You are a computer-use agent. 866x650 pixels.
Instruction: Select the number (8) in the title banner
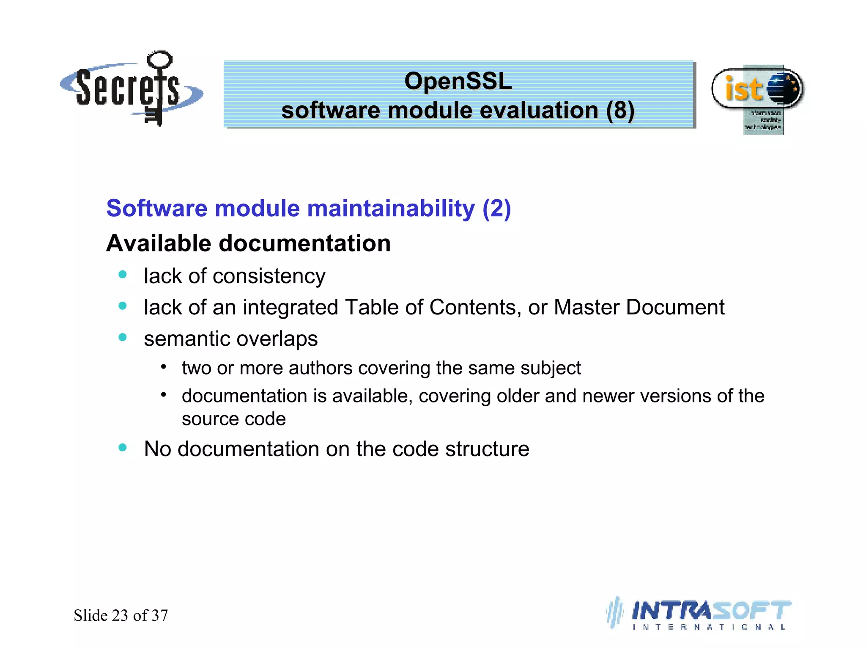coord(620,110)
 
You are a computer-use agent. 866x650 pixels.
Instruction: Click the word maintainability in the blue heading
coord(391,209)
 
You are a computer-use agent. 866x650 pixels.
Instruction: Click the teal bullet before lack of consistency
coord(123,275)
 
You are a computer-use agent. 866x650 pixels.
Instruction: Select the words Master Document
coord(639,307)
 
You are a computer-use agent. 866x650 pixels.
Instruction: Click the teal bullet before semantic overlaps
coord(123,337)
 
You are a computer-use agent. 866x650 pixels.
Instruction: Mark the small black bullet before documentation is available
coord(163,395)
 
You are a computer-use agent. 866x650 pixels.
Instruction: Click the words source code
coord(234,419)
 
